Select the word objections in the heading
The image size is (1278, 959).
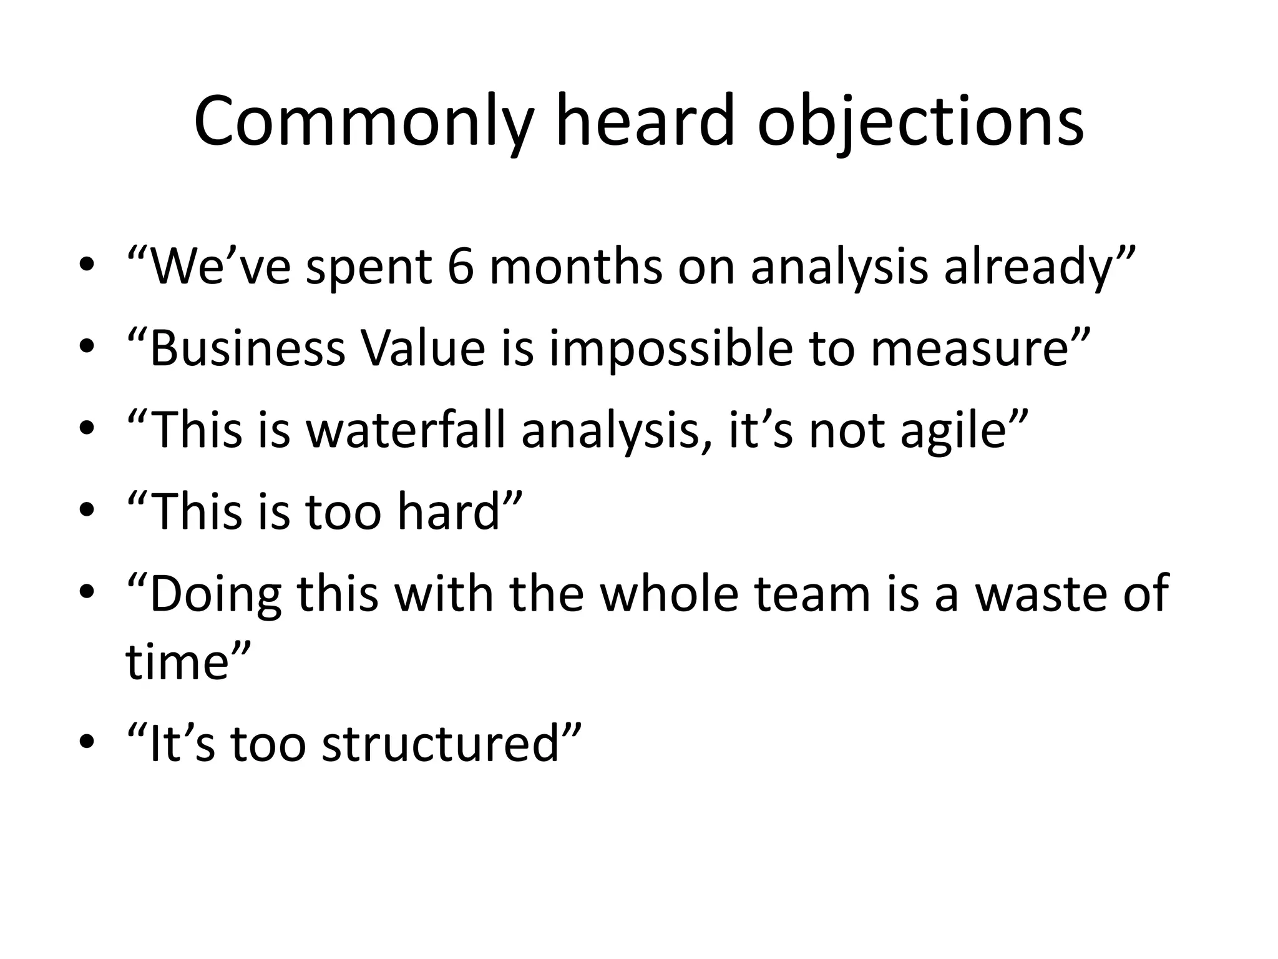click(920, 122)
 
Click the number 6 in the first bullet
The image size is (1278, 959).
click(461, 267)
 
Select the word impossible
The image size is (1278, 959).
click(671, 350)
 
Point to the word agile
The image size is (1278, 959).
click(954, 431)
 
